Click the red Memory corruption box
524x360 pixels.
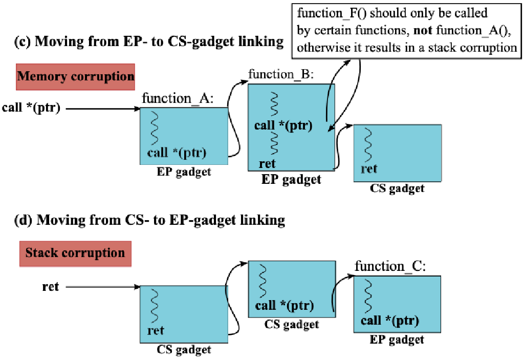point(75,77)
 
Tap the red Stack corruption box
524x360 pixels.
point(75,253)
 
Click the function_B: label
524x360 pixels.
point(280,75)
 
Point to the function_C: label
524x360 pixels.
point(390,266)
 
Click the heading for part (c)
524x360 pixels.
point(148,41)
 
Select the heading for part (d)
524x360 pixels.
point(149,220)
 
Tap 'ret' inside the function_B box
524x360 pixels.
point(267,164)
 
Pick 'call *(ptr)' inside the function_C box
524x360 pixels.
point(390,321)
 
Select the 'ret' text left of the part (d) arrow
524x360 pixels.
point(50,287)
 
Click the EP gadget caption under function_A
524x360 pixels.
point(184,172)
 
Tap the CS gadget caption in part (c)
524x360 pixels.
point(397,188)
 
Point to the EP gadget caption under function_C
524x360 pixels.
point(397,340)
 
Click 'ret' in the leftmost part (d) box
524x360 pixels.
point(156,330)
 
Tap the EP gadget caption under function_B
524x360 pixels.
point(291,179)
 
